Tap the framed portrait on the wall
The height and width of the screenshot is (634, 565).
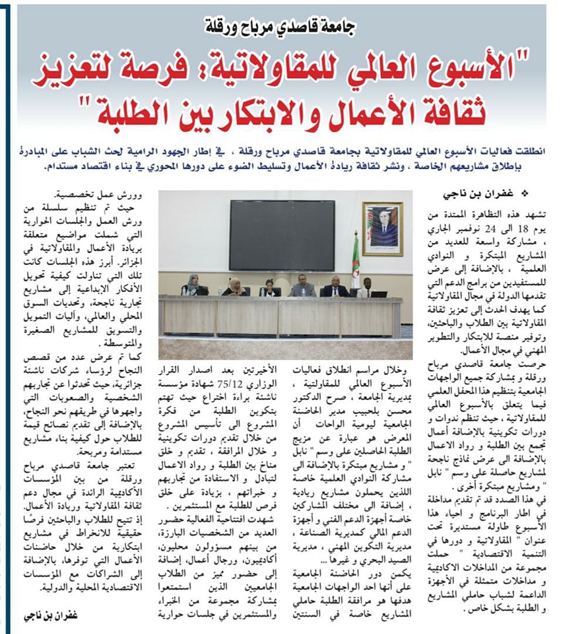click(x=382, y=229)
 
